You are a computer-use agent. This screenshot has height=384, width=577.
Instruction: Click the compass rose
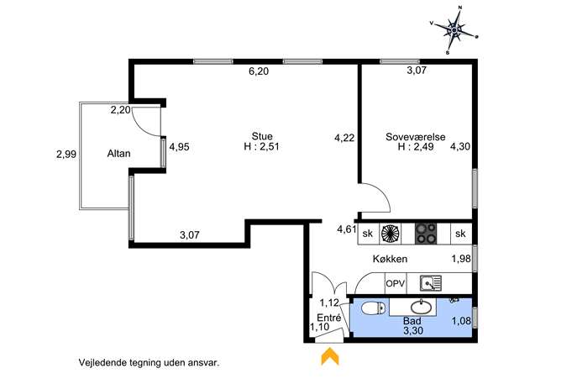tap(454, 29)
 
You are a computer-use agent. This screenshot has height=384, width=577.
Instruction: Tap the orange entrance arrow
tap(330, 356)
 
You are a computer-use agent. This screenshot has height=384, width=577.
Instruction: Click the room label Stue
tap(262, 136)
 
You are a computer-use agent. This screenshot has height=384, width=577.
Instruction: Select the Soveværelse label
tap(416, 137)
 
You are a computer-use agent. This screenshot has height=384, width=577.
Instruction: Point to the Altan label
tap(119, 154)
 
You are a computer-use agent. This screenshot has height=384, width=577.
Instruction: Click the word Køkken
tap(390, 259)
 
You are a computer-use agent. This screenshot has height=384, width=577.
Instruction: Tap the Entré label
tap(329, 318)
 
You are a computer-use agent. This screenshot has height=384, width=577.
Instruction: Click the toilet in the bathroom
tap(373, 308)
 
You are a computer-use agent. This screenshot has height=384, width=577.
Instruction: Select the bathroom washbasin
tap(422, 307)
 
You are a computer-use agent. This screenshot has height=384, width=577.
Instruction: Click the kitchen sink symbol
tap(431, 283)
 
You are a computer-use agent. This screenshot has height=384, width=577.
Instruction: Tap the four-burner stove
tap(426, 234)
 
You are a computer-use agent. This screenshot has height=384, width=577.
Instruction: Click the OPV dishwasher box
tap(396, 284)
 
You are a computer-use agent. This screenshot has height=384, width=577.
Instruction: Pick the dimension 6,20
tap(259, 71)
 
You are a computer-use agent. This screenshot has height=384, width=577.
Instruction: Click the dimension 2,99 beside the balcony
tap(66, 154)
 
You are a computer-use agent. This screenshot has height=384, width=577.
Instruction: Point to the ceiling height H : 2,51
tap(262, 146)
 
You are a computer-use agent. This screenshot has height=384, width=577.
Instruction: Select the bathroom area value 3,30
tap(413, 330)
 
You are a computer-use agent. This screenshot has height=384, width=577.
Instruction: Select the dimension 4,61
tap(347, 229)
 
